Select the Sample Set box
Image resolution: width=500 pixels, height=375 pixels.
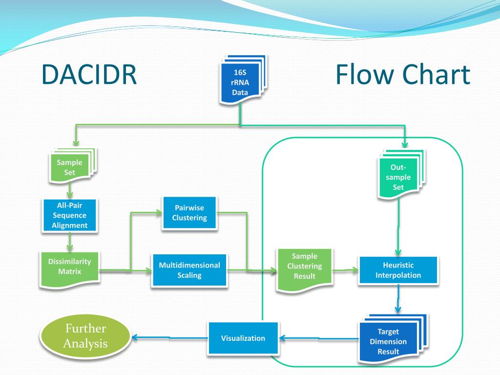point(70,167)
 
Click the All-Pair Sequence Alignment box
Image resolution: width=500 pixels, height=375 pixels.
point(70,215)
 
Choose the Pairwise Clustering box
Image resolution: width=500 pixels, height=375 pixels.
point(189,213)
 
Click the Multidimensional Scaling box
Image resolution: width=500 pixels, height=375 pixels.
point(189,270)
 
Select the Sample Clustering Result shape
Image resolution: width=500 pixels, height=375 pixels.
point(305,267)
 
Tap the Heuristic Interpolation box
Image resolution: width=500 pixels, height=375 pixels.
point(398,270)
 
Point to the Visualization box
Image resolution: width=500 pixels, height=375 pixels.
point(243,338)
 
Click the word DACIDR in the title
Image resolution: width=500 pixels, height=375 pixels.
point(88,75)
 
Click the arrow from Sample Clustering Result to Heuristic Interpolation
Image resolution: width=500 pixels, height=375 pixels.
point(346,269)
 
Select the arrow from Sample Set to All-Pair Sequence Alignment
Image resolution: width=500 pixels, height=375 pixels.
point(70,189)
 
